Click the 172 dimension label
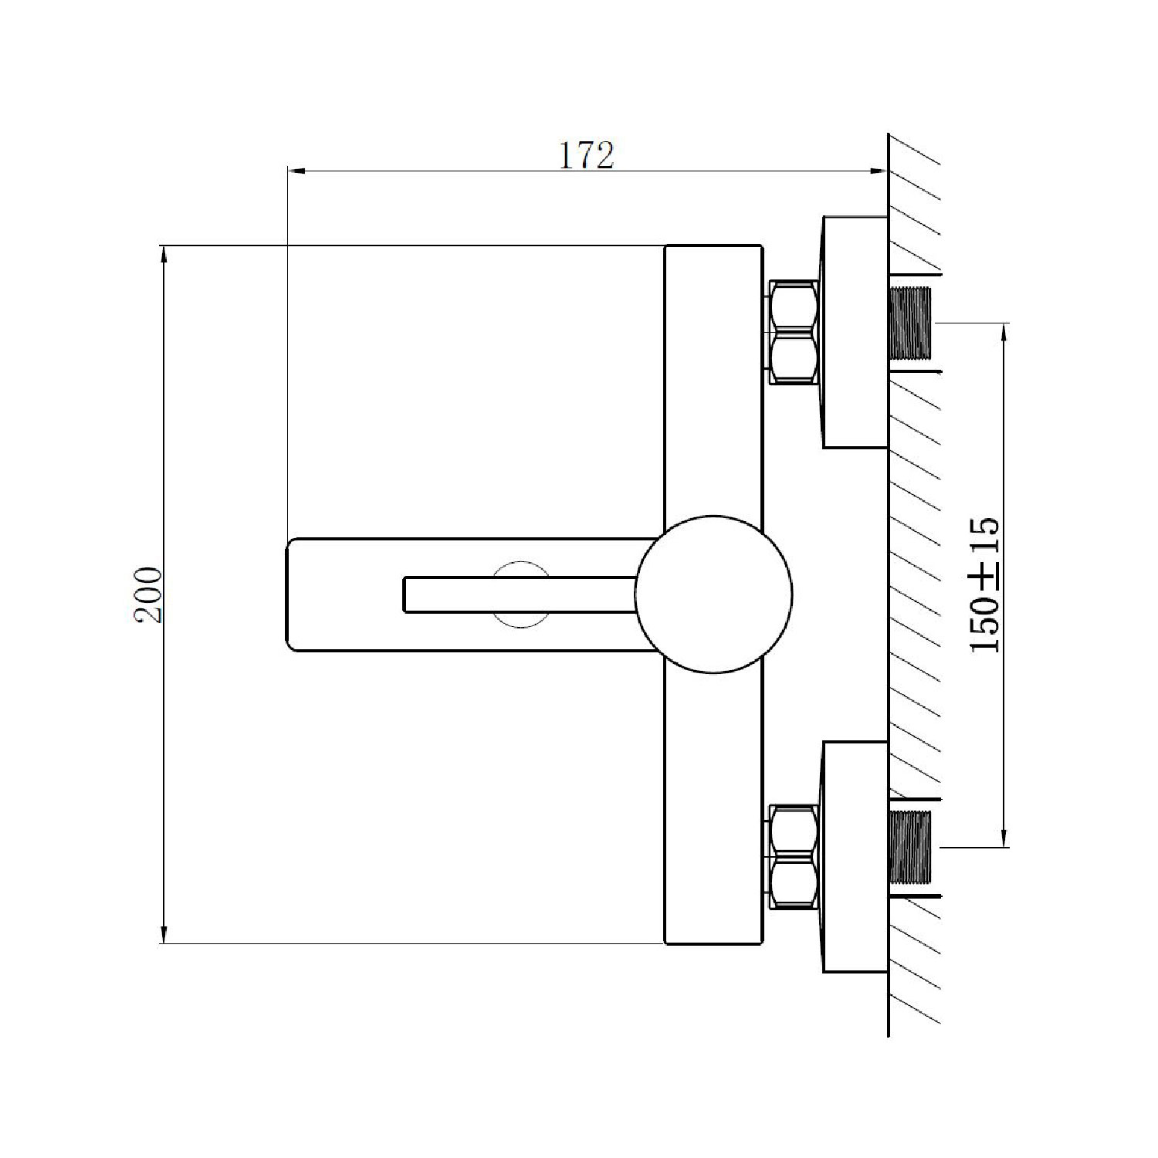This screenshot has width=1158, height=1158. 586,155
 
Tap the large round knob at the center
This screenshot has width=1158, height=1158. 713,593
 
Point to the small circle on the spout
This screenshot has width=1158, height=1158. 521,593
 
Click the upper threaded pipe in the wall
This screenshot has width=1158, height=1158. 911,323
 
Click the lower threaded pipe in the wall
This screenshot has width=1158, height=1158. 911,847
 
